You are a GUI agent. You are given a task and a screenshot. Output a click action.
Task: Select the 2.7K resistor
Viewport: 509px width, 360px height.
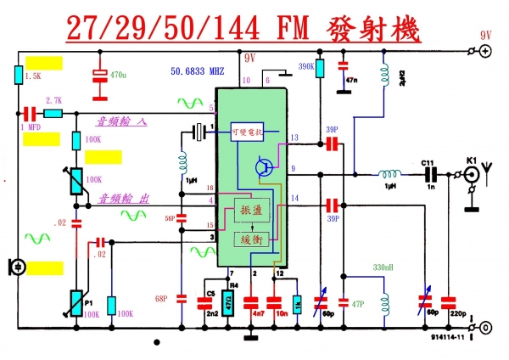pos(53,112)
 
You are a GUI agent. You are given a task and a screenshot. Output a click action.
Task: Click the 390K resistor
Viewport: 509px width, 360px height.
pos(320,67)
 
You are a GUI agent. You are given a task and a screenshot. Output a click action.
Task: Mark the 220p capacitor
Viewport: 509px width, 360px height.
pos(446,301)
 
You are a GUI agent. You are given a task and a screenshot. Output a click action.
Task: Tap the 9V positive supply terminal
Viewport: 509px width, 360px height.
pos(484,52)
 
